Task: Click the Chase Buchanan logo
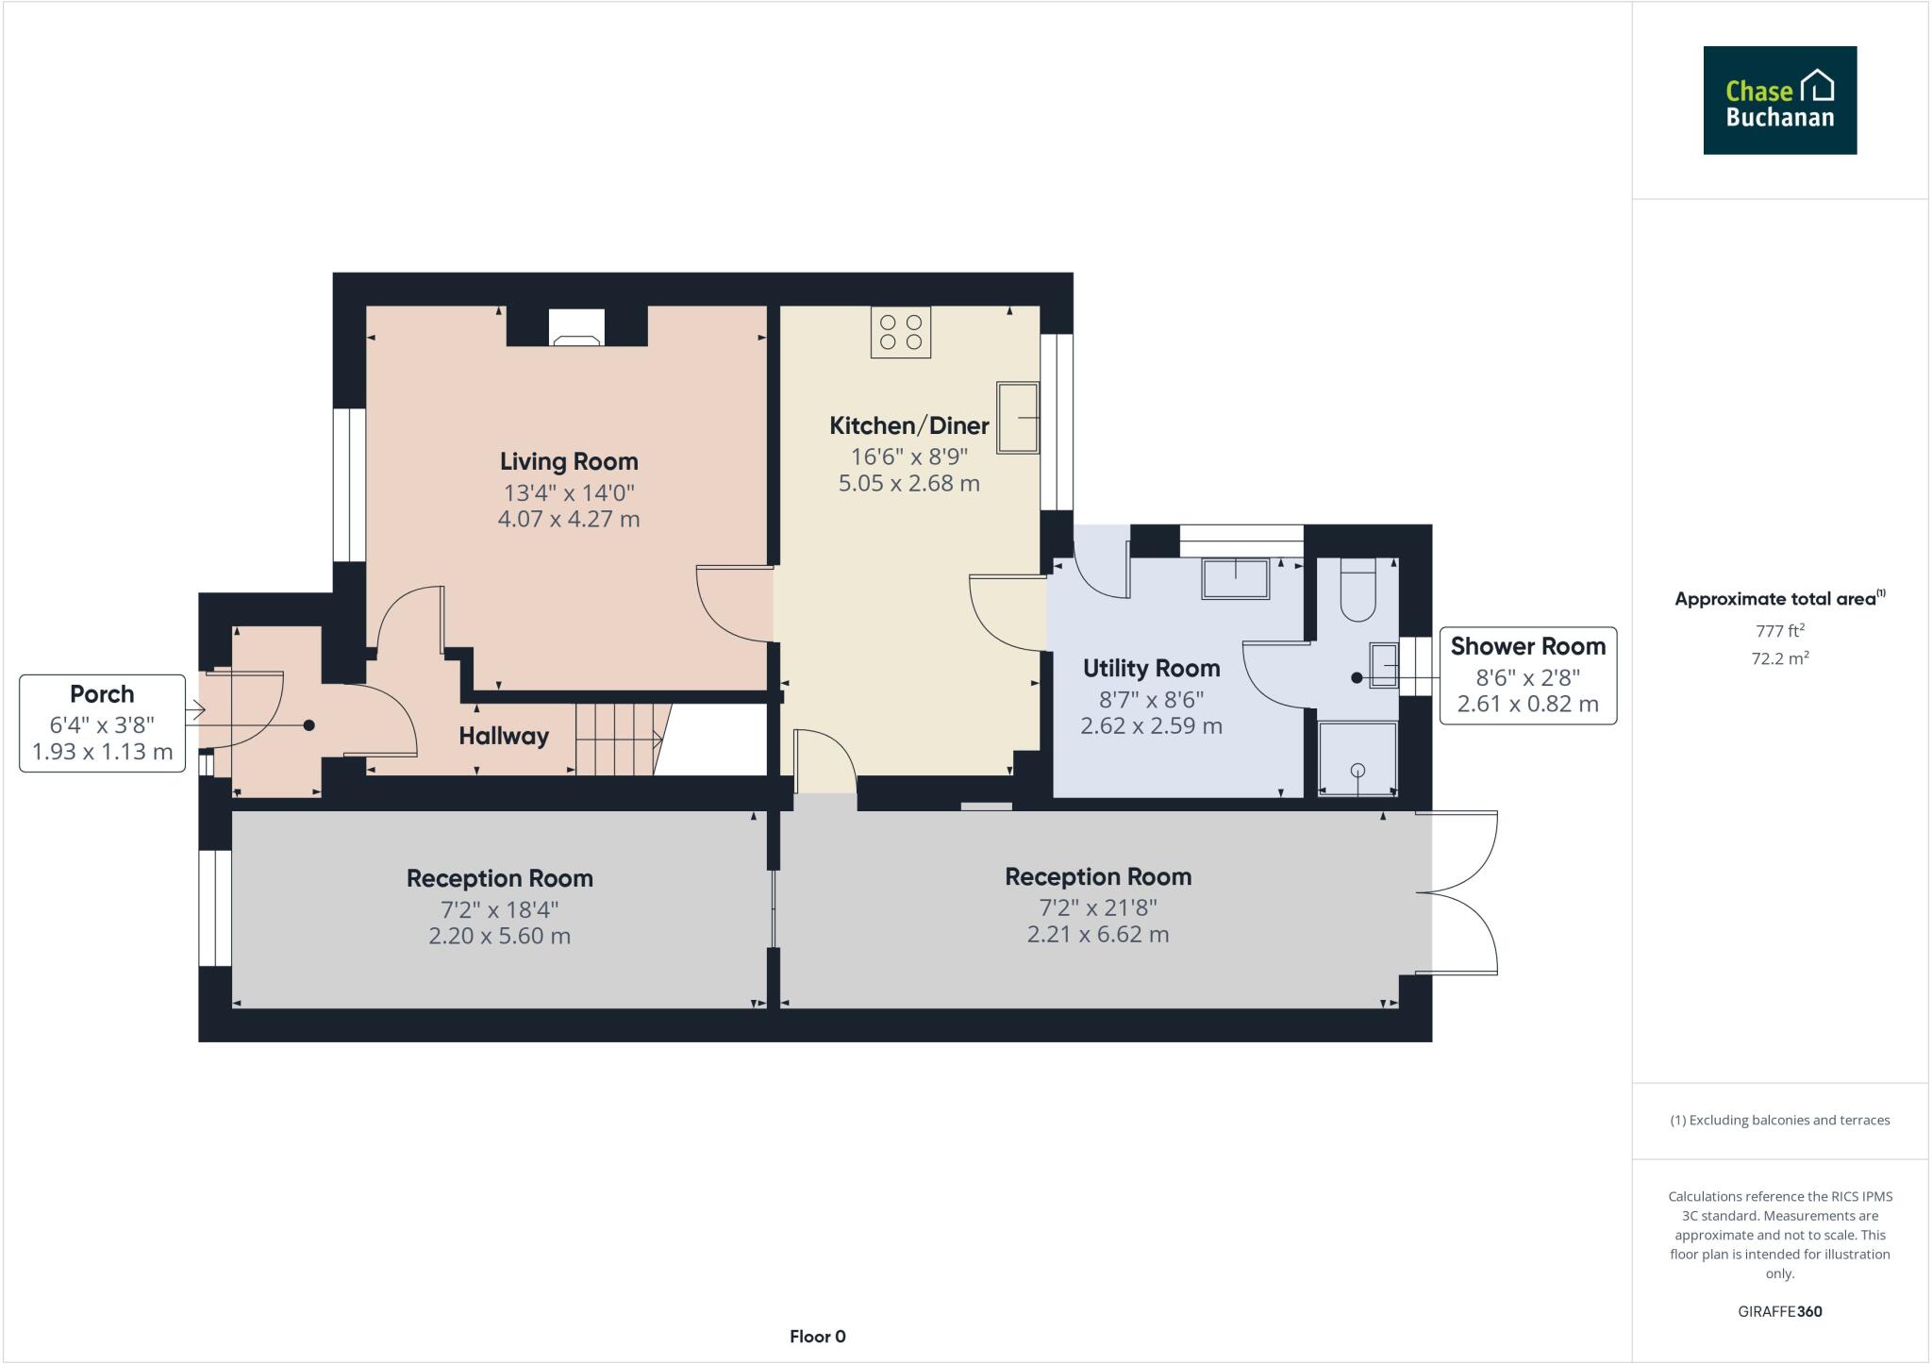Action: [x=1779, y=100]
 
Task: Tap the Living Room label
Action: [x=569, y=461]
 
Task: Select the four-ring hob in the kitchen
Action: [x=900, y=332]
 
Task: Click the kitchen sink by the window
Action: [x=1017, y=418]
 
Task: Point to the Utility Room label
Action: [x=1151, y=669]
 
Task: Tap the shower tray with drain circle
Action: [x=1357, y=758]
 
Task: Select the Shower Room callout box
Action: [x=1527, y=675]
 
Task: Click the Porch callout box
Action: [x=102, y=723]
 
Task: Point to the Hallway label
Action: [x=504, y=736]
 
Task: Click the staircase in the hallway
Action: [x=619, y=739]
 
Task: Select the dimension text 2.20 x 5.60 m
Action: [x=499, y=936]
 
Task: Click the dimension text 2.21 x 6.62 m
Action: [x=1097, y=934]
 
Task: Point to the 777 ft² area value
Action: [x=1779, y=630]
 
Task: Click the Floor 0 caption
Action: [x=817, y=1336]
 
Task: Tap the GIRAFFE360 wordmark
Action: [x=1779, y=1311]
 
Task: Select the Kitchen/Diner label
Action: [x=908, y=425]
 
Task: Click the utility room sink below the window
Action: [x=1235, y=578]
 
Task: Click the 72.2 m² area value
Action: [x=1779, y=657]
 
